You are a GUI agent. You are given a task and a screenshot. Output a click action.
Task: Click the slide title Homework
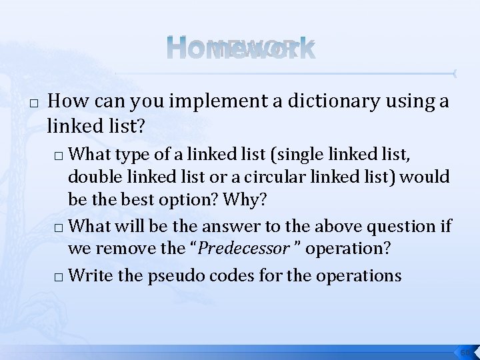click(240, 49)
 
